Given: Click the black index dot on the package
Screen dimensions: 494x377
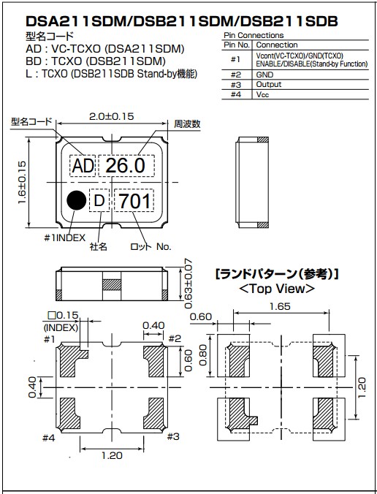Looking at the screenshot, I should pyautogui.click(x=75, y=199).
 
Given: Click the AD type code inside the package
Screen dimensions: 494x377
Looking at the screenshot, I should pyautogui.click(x=83, y=167).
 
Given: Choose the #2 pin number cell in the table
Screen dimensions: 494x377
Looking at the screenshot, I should pyautogui.click(x=235, y=75).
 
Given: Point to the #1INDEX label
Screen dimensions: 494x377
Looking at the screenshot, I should pyautogui.click(x=64, y=237).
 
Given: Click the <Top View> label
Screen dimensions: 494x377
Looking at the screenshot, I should pyautogui.click(x=277, y=289).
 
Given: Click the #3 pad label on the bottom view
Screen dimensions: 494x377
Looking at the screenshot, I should pyautogui.click(x=173, y=436).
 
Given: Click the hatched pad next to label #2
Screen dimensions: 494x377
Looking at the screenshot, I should pyautogui.click(x=156, y=359).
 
